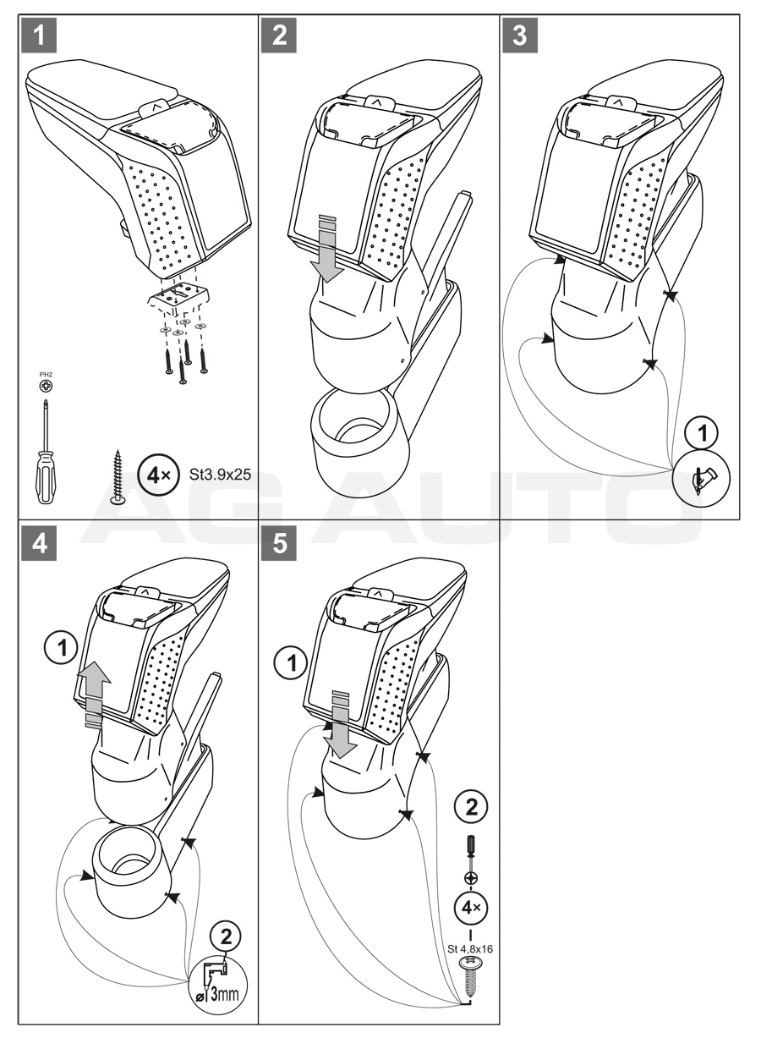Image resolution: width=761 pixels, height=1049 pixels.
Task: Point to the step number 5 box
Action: pyautogui.click(x=280, y=543)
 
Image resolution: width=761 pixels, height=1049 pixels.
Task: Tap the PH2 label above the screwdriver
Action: pyautogui.click(x=47, y=371)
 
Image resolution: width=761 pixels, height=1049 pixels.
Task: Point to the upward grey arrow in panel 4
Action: pyautogui.click(x=96, y=687)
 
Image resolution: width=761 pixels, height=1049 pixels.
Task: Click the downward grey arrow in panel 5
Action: pyautogui.click(x=340, y=723)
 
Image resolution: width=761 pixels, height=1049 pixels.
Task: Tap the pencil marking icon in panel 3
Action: pyautogui.click(x=702, y=480)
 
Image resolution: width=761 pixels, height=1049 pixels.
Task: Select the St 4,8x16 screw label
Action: pyautogui.click(x=469, y=948)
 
